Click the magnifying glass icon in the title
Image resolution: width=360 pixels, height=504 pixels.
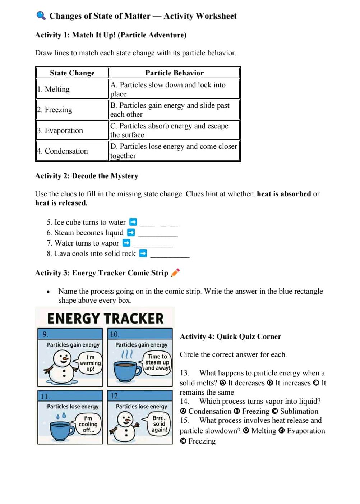(41, 15)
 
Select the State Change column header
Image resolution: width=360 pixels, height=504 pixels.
(72, 73)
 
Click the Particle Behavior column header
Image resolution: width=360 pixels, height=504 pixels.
(174, 73)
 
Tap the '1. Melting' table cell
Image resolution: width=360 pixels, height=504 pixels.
(72, 89)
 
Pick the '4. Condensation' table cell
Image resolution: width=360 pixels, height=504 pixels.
(72, 151)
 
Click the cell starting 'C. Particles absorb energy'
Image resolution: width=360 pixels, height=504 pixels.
(174, 130)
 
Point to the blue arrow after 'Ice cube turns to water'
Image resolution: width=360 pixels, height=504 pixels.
(133, 222)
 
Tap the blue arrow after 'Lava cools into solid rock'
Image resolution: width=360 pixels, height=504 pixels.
(143, 253)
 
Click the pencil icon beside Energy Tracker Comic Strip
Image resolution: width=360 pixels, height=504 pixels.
(175, 272)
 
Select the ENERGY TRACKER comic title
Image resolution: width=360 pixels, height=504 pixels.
(105, 319)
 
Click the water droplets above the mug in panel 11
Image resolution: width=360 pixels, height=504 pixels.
(61, 416)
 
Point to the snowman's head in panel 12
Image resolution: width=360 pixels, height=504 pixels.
(125, 419)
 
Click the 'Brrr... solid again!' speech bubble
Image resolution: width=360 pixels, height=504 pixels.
(158, 424)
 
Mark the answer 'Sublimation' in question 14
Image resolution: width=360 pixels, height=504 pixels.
(299, 411)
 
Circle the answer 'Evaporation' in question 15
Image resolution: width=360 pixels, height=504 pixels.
(305, 431)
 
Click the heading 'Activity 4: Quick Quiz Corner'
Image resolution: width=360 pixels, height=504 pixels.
(230, 336)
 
